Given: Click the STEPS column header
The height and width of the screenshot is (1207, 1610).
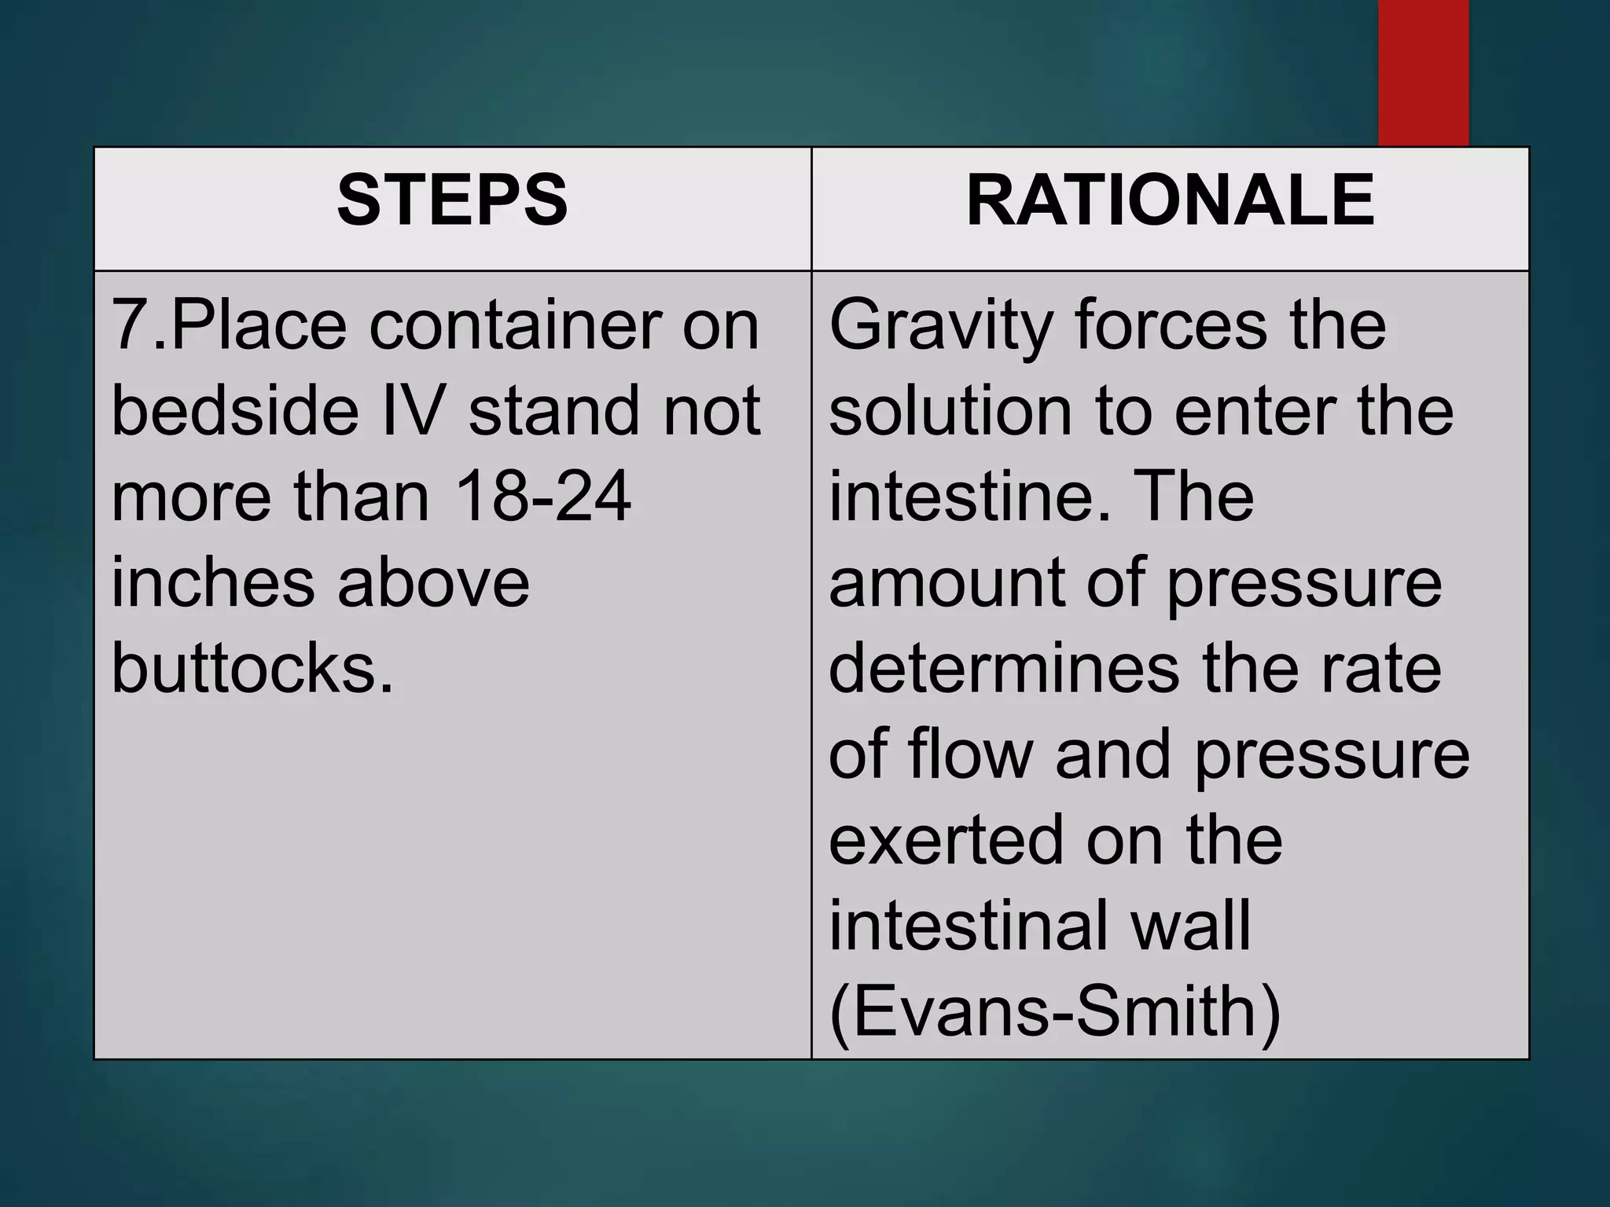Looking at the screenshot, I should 452,201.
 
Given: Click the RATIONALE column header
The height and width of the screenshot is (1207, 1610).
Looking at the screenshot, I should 1170,201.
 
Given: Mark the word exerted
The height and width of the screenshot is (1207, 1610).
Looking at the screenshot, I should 945,840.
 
